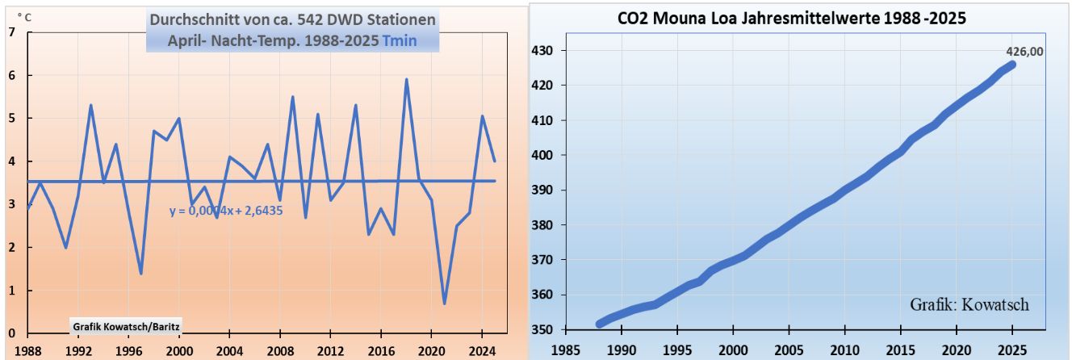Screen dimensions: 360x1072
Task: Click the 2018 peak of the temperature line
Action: pyautogui.click(x=406, y=80)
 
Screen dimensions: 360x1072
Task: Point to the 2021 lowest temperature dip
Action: pyautogui.click(x=444, y=303)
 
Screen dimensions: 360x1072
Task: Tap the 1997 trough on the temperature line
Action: pyautogui.click(x=141, y=273)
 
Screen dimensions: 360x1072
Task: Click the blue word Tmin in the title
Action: pyautogui.click(x=400, y=40)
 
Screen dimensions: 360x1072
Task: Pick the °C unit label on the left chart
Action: pyautogui.click(x=24, y=15)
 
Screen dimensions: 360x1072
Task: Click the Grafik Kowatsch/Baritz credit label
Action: pyautogui.click(x=126, y=327)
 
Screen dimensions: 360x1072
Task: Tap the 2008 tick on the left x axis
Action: pyautogui.click(x=280, y=351)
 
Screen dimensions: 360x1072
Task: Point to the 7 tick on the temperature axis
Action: pyautogui.click(x=10, y=32)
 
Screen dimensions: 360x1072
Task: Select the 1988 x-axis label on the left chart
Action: pyautogui.click(x=29, y=351)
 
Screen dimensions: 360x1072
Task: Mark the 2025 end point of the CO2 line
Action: pyautogui.click(x=1012, y=65)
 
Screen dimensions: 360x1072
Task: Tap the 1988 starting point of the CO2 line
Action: pyautogui.click(x=599, y=324)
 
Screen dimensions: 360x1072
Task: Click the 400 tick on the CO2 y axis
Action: pyautogui.click(x=542, y=155)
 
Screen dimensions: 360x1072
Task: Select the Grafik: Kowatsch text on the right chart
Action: pyautogui.click(x=969, y=305)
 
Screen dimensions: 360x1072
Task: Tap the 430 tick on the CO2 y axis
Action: pyautogui.click(x=542, y=50)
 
